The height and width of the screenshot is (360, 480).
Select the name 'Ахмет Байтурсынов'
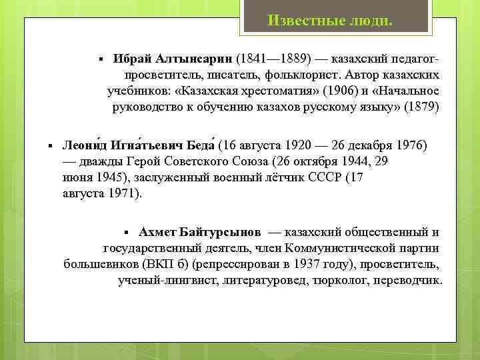click(200, 232)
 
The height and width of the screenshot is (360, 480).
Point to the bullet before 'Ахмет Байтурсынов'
click(129, 233)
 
